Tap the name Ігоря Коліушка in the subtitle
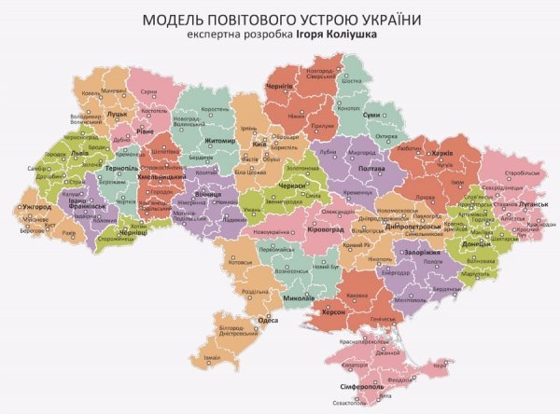336,37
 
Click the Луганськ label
513,200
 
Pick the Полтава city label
371,168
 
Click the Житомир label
221,142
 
